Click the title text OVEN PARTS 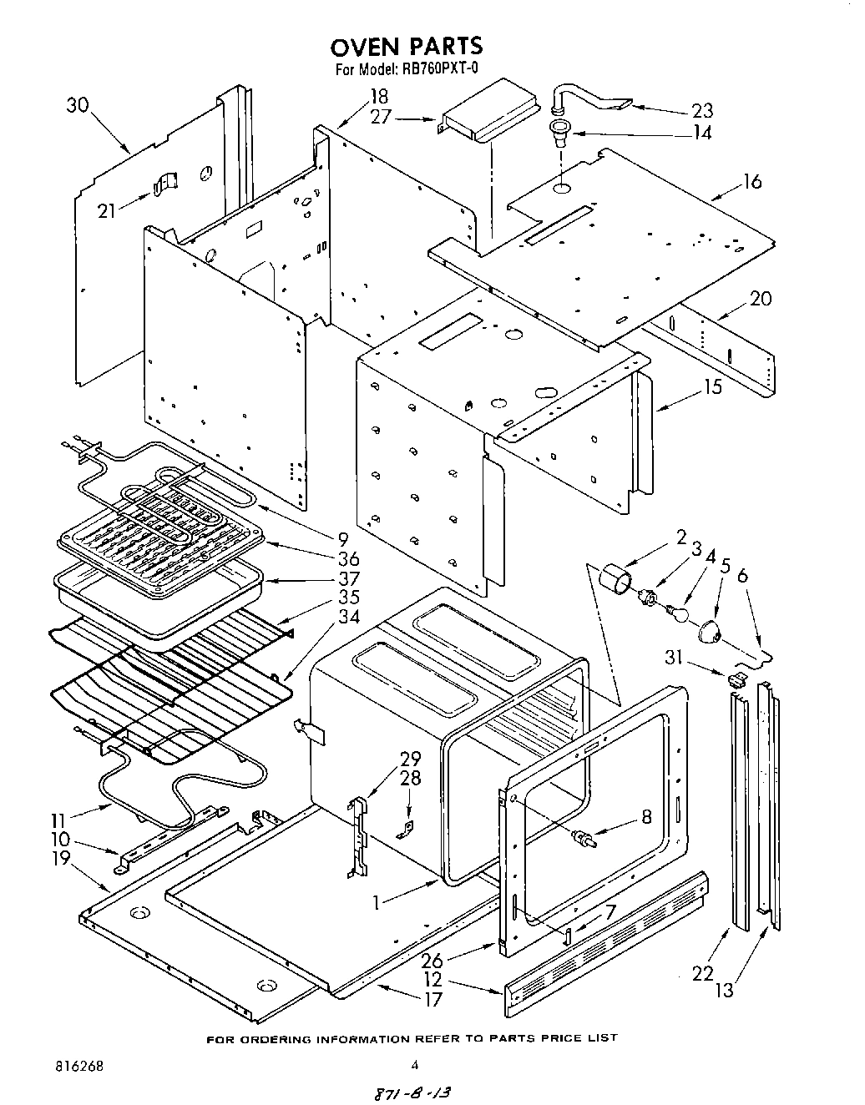point(406,45)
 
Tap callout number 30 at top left point(78,105)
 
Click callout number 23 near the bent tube point(702,111)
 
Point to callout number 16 point(752,181)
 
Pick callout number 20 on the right point(760,298)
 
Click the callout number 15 point(711,386)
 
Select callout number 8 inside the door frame point(646,817)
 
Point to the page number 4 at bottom point(415,1065)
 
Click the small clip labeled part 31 point(736,679)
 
